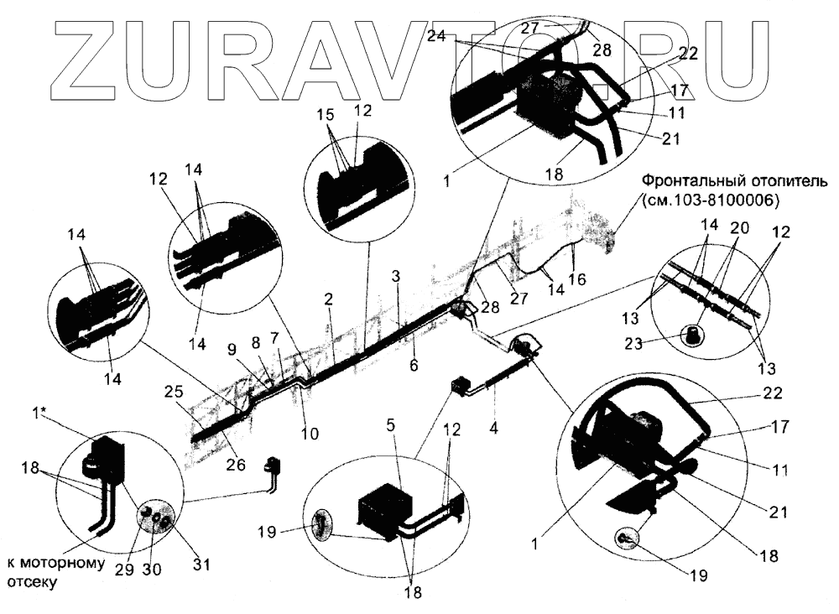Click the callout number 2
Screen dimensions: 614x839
(329, 299)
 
